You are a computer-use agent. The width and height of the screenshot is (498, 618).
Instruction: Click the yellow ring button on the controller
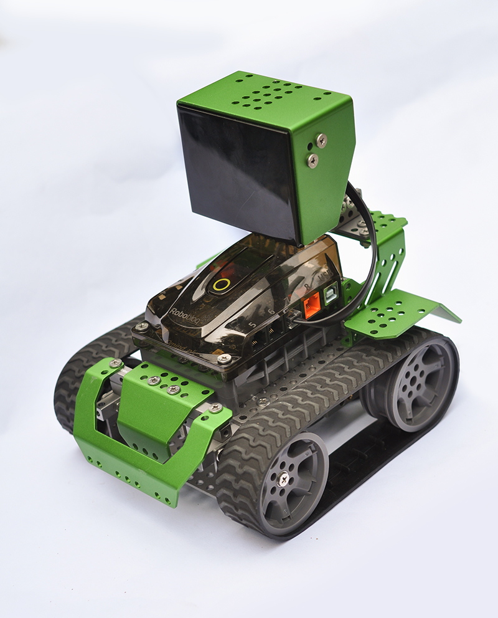tap(220, 284)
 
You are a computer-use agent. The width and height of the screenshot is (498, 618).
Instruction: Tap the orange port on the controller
tap(310, 306)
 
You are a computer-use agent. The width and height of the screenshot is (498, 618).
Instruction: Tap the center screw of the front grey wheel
tap(283, 478)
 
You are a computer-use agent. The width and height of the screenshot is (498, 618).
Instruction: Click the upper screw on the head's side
tap(321, 140)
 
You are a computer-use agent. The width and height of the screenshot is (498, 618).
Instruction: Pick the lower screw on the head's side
tap(313, 160)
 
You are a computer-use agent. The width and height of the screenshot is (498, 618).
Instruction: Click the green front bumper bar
tap(125, 461)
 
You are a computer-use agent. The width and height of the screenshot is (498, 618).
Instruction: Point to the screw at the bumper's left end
tap(115, 363)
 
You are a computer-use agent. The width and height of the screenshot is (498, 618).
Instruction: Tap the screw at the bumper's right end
tap(215, 407)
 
